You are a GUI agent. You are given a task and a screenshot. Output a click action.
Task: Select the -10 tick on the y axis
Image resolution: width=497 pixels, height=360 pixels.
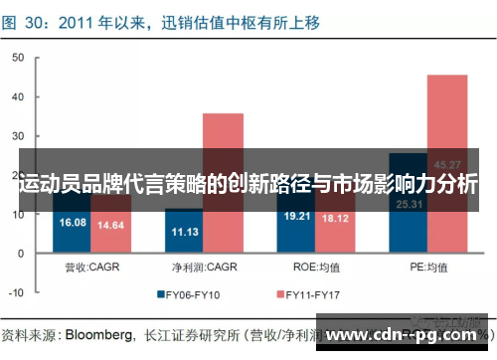(17, 293)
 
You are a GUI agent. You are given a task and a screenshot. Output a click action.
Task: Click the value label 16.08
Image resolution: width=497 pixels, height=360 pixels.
(74, 222)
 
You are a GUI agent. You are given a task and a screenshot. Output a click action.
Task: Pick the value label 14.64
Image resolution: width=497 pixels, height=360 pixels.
(109, 226)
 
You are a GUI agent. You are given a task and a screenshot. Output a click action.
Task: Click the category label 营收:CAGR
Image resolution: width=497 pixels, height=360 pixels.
(91, 267)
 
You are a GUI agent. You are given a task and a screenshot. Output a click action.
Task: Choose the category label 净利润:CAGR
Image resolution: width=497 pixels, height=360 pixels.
(204, 267)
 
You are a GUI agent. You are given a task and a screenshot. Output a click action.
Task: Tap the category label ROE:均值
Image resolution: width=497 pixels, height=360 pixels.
(316, 267)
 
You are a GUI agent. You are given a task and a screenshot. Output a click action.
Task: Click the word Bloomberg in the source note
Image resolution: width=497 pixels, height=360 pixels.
(98, 334)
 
